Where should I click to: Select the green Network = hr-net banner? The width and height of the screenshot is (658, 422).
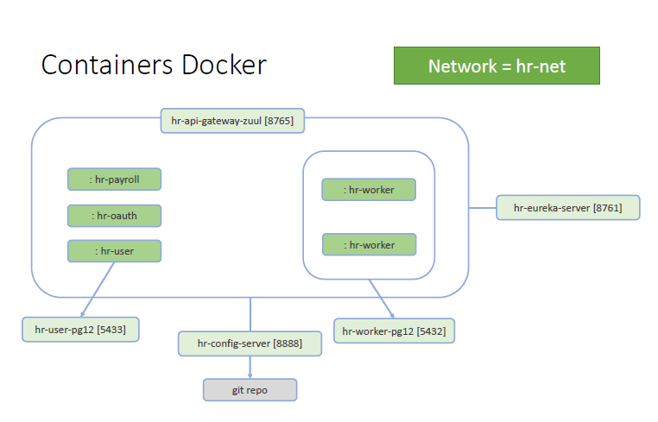497,66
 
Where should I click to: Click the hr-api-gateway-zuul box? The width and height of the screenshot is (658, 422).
232,121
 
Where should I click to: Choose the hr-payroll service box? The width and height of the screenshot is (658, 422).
115,180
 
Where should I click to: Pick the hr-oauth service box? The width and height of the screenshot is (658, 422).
115,215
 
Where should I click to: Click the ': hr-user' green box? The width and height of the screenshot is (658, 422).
115,251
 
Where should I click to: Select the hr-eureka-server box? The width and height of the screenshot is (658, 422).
567,208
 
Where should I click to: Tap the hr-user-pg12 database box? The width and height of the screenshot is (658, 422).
80,329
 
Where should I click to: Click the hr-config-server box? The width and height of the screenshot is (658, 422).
250,343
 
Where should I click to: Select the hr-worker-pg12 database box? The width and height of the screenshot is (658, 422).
394,331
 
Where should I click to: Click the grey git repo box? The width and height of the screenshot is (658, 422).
250,390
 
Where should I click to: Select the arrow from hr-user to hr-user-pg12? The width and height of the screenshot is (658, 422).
98,289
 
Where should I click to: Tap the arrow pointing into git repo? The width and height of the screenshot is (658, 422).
250,368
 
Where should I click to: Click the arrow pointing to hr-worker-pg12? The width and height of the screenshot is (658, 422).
383,300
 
